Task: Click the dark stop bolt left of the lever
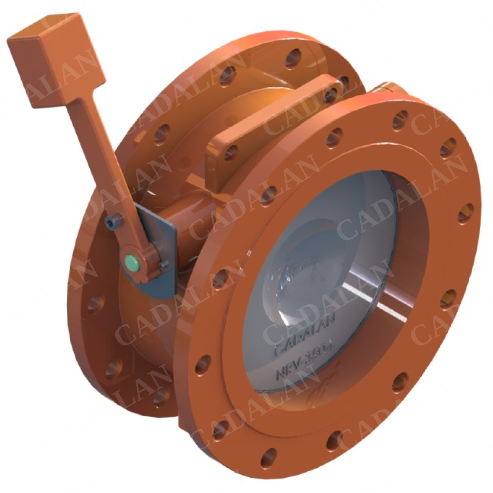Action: point(112,223)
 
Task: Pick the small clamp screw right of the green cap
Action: point(163,264)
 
